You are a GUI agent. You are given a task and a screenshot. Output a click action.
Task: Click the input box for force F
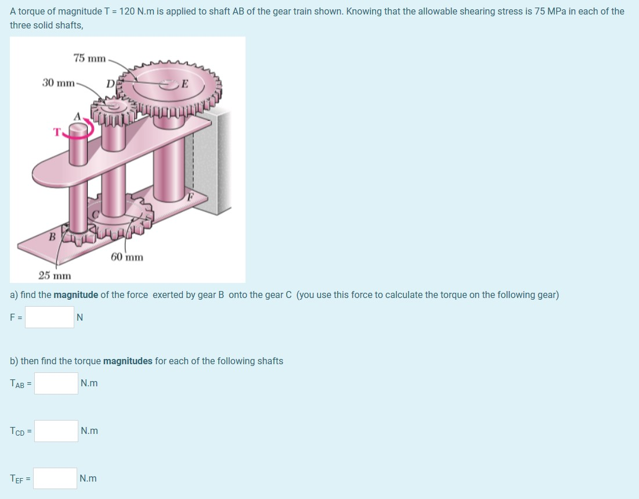point(49,317)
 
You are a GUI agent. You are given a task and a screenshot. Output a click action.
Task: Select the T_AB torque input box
point(56,383)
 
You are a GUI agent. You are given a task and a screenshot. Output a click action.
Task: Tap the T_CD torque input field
point(56,431)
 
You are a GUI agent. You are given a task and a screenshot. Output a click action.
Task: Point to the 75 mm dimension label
point(89,58)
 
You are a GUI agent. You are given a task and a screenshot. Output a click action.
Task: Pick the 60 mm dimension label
point(127,257)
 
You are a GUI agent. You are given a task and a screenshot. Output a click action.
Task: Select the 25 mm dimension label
point(55,275)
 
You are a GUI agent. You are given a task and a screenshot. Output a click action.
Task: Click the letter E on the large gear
point(185,83)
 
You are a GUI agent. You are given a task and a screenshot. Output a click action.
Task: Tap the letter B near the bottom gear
point(52,236)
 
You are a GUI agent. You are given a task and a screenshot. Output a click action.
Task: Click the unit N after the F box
point(80,317)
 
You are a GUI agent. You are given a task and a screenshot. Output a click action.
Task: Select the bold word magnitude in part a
point(75,295)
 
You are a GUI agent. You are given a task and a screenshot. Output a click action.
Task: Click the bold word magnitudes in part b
point(128,361)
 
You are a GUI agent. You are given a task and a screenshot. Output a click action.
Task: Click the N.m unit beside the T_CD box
point(89,431)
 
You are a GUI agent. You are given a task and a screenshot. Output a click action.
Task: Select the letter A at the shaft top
point(76,116)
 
